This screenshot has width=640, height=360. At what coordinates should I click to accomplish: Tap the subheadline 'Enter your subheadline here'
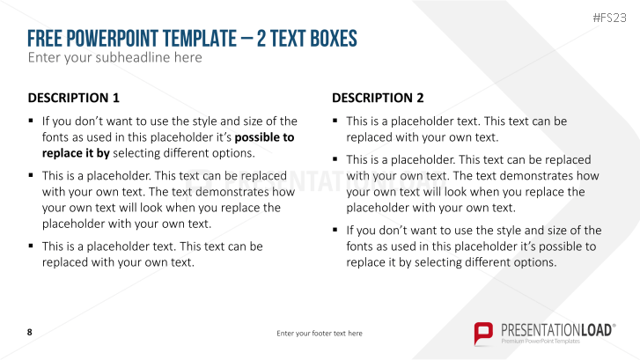tap(114, 58)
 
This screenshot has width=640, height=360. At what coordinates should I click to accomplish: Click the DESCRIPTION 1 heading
tap(73, 98)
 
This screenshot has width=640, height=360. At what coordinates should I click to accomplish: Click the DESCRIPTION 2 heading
tap(378, 98)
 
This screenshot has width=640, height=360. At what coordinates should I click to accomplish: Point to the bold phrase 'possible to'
tap(264, 136)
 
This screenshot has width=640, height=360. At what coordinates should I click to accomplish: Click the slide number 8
tap(30, 332)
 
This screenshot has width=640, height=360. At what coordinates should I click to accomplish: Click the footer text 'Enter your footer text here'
tap(320, 334)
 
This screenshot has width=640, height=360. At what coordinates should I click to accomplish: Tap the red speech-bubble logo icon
tap(483, 333)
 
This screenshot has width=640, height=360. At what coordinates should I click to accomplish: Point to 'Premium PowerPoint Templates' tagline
tap(541, 341)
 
